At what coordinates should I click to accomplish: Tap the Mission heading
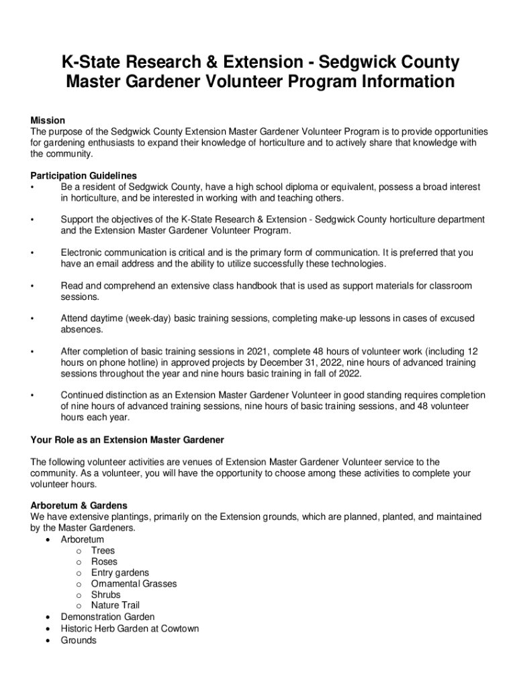(48, 120)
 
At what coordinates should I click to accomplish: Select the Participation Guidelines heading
(84, 176)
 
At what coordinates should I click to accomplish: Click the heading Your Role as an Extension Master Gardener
(128, 439)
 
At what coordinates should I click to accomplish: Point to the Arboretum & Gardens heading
(79, 505)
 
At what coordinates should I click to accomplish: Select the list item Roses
(104, 562)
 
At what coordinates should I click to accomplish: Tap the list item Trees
(103, 551)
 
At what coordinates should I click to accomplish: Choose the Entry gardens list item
(120, 573)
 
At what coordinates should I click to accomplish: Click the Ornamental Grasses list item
(134, 584)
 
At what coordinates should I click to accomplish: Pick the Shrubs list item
(106, 594)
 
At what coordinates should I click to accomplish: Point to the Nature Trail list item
(115, 605)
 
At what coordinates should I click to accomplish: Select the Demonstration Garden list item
(107, 617)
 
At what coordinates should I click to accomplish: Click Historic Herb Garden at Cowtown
(130, 629)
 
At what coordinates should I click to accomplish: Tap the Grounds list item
(79, 640)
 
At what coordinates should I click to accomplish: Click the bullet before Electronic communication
(32, 253)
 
